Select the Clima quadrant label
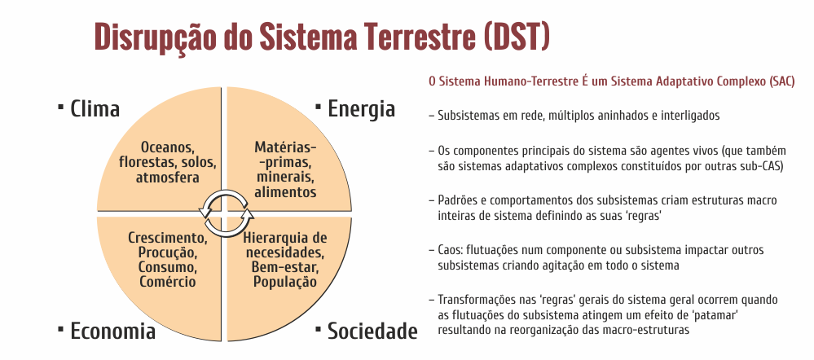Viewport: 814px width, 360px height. click(95, 109)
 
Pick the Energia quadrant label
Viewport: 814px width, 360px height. click(361, 109)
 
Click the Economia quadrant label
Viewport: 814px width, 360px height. click(112, 331)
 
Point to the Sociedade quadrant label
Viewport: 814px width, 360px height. click(372, 331)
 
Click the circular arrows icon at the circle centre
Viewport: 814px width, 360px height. click(226, 213)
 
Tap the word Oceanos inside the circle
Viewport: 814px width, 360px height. click(168, 147)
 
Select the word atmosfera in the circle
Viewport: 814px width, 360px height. click(168, 178)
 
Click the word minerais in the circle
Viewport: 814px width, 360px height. click(284, 178)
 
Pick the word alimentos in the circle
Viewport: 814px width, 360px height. click(285, 192)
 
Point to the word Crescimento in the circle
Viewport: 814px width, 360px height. click(168, 238)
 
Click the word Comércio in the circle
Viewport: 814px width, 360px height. click(168, 282)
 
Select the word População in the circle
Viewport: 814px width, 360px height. click(285, 282)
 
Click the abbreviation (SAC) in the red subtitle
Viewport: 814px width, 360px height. click(782, 82)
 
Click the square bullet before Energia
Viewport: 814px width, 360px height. click(319, 107)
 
